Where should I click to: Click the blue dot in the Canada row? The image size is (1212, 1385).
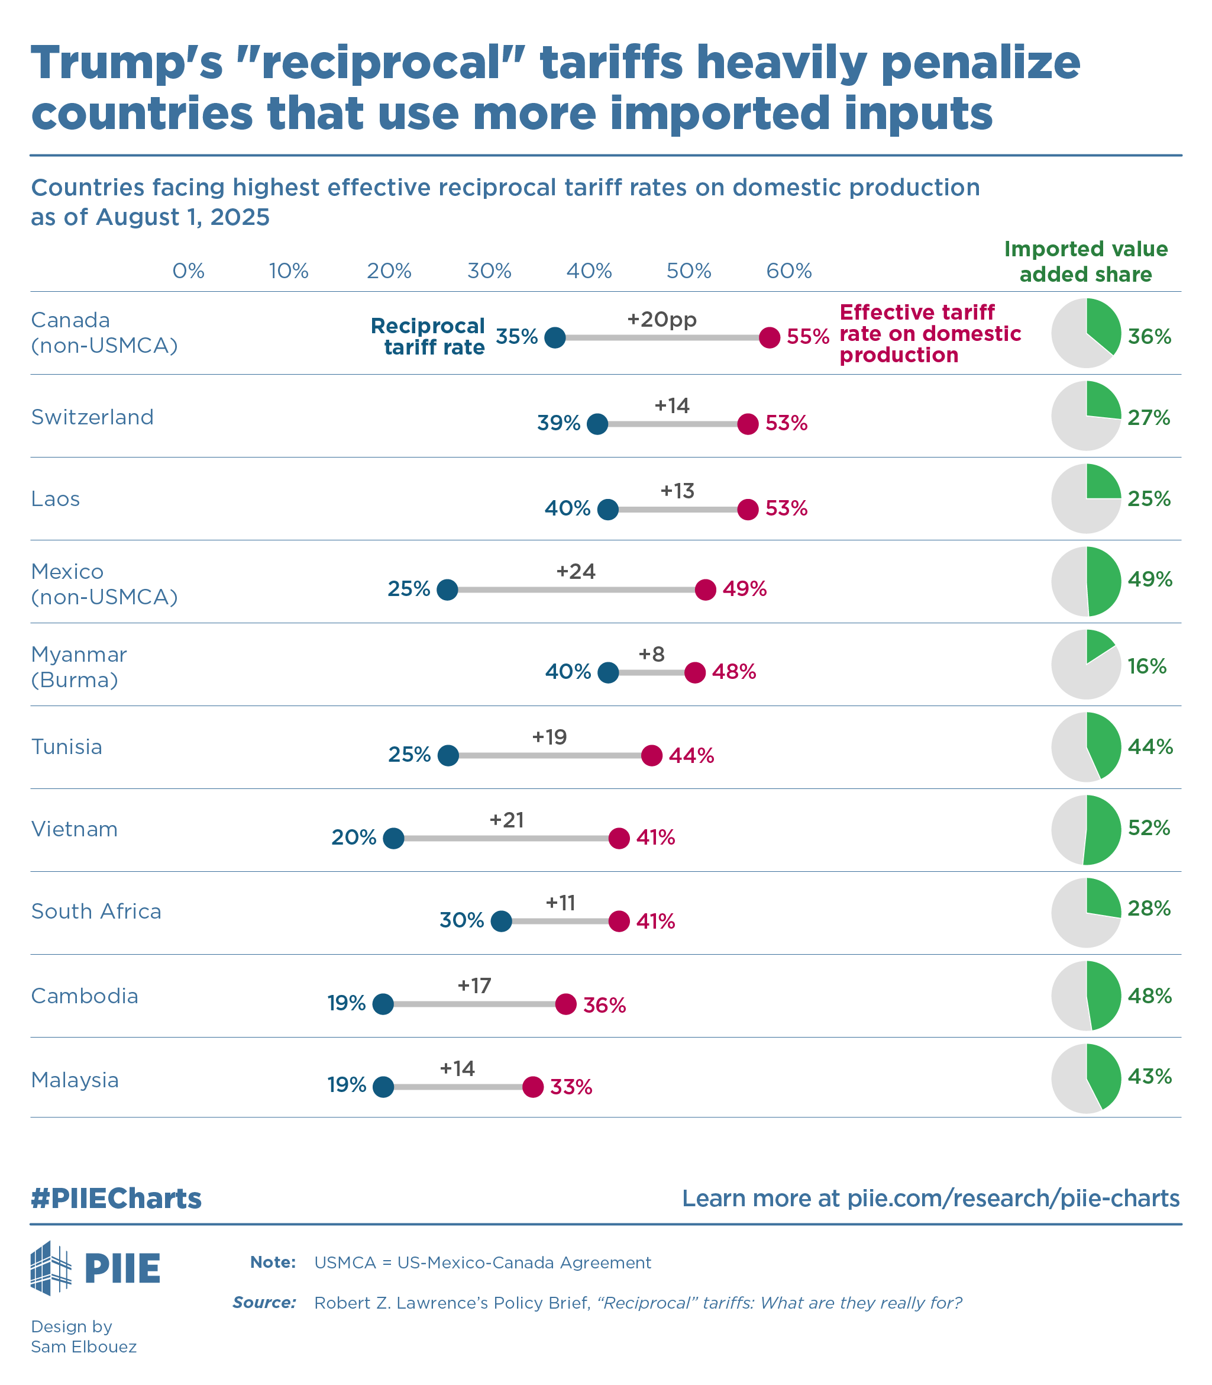tap(555, 337)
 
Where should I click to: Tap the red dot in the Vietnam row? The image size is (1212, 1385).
tap(619, 838)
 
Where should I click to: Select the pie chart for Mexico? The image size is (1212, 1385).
tap(1085, 581)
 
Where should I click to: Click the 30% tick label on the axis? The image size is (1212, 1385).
tap(489, 271)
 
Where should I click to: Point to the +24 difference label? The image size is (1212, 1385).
tap(576, 572)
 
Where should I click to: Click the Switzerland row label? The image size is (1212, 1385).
tap(93, 417)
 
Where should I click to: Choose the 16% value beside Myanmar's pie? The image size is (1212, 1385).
tap(1147, 666)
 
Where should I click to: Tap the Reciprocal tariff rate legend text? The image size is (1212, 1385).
tap(428, 336)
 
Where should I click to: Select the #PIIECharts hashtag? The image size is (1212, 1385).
tap(117, 1198)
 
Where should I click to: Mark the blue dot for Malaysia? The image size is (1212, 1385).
tap(383, 1087)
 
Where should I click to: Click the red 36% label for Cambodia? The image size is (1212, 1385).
tap(604, 1006)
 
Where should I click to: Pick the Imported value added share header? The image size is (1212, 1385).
tap(1085, 261)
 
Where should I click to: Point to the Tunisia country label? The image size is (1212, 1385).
tap(67, 747)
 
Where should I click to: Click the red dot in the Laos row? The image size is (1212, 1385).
tap(747, 510)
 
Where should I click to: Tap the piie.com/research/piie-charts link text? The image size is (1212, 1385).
tap(1013, 1198)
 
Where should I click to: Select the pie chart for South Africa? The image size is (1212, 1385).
tap(1085, 913)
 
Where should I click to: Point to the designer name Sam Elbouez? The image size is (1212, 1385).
tap(84, 1347)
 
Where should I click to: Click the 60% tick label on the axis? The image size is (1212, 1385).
tap(788, 271)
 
